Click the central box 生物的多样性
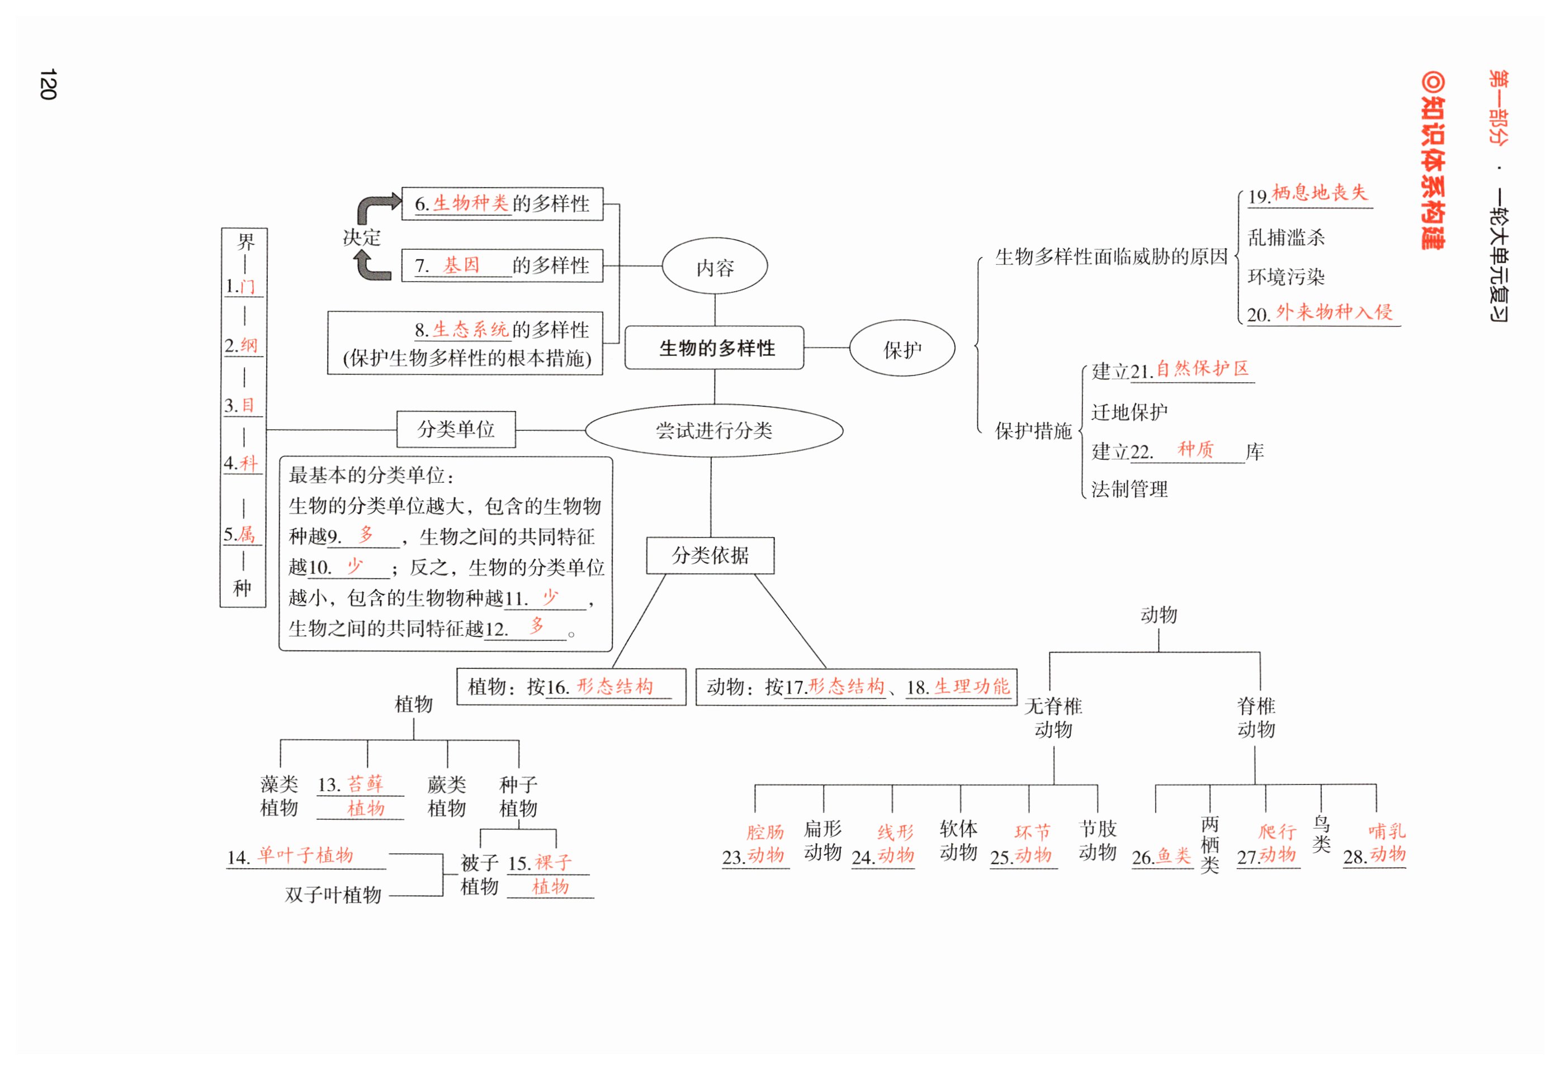pyautogui.click(x=716, y=348)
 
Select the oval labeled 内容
pyautogui.click(x=715, y=267)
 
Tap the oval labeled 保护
pyautogui.click(x=902, y=349)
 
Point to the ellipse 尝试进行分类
pyautogui.click(x=714, y=431)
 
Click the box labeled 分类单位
pyautogui.click(x=456, y=429)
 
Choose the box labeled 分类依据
pyautogui.click(x=710, y=555)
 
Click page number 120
pyautogui.click(x=48, y=84)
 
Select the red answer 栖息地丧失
pyautogui.click(x=1320, y=193)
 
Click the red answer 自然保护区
pyautogui.click(x=1202, y=368)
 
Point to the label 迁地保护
pyautogui.click(x=1129, y=412)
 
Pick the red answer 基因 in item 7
pyautogui.click(x=461, y=265)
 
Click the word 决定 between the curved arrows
pyautogui.click(x=362, y=237)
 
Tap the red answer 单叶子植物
pyautogui.click(x=305, y=855)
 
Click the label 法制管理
pyautogui.click(x=1129, y=489)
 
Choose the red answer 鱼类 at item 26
pyautogui.click(x=1174, y=855)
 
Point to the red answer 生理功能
pyautogui.click(x=971, y=686)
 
